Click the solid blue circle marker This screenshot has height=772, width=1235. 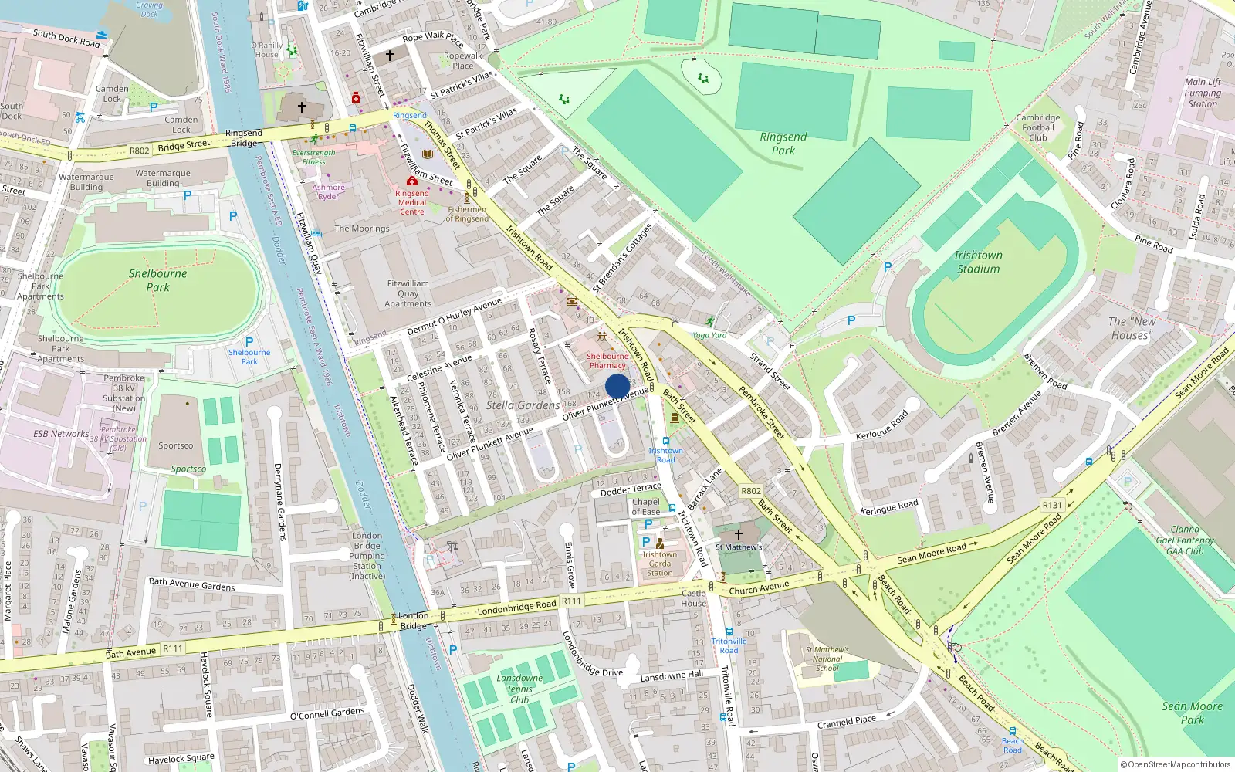pos(617,386)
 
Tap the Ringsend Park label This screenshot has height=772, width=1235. pos(783,144)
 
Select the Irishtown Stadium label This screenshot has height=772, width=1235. pos(978,262)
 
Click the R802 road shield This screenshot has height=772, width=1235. pos(139,151)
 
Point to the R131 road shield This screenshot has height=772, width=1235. pos(1052,505)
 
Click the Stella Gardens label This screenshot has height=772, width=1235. pos(523,405)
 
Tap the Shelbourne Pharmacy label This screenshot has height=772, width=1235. pos(607,361)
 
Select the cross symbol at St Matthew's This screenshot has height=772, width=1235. pos(738,534)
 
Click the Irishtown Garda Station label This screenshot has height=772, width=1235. pos(659,564)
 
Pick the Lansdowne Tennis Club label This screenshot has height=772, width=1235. pos(519,689)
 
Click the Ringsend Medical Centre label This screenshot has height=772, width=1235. pos(412,202)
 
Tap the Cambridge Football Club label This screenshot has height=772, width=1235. pos(1038,128)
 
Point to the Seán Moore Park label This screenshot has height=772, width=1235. pos(1192,713)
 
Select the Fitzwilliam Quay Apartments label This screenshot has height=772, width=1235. pos(408,293)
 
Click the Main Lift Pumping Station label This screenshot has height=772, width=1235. pos(1203,93)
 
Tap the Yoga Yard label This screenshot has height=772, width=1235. pos(709,335)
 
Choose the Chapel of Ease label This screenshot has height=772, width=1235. pos(645,506)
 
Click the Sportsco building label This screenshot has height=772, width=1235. pos(176,445)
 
